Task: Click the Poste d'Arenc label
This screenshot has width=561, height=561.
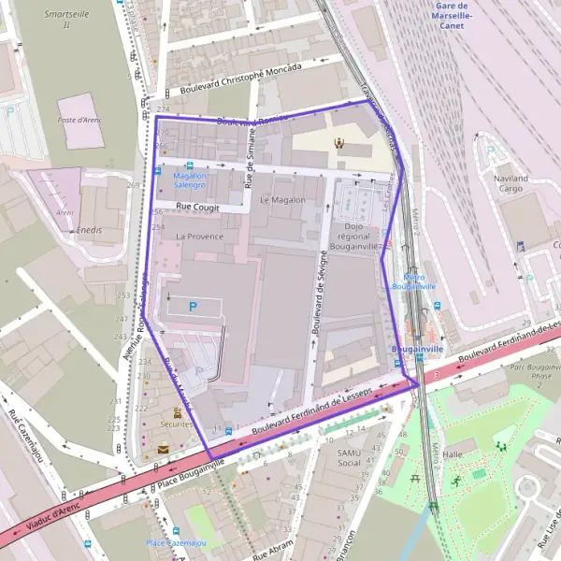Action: (x=79, y=120)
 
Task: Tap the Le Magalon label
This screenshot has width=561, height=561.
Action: (x=282, y=199)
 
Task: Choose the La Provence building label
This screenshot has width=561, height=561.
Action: (x=199, y=237)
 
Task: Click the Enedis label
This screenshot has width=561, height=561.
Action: (x=91, y=230)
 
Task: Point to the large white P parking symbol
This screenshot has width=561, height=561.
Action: (x=194, y=306)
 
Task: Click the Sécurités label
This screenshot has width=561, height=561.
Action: (x=178, y=424)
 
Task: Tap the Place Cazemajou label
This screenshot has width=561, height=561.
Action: (x=174, y=543)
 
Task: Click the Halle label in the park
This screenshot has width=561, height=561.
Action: (x=453, y=453)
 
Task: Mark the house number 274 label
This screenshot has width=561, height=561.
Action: (x=164, y=110)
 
